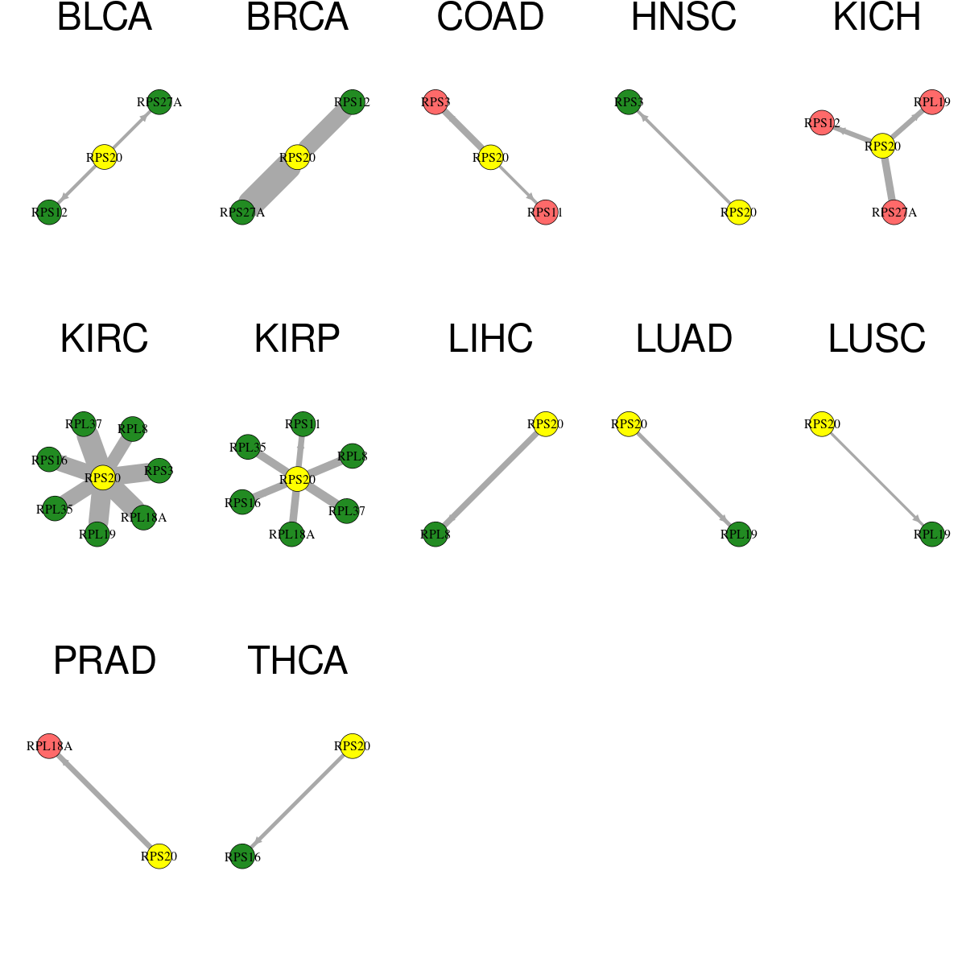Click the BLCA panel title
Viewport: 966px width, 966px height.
click(x=105, y=17)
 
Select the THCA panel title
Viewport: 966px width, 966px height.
click(x=297, y=660)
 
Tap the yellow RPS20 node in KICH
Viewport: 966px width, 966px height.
click(x=881, y=146)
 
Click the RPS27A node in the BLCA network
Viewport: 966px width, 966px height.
click(x=159, y=102)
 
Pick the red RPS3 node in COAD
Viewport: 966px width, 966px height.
click(x=436, y=102)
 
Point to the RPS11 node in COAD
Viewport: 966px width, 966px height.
click(x=546, y=213)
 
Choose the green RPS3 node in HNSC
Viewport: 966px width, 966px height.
click(x=628, y=102)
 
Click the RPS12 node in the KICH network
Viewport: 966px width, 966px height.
click(x=822, y=123)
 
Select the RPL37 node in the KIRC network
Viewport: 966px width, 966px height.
click(x=83, y=424)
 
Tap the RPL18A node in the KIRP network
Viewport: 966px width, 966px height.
click(x=291, y=535)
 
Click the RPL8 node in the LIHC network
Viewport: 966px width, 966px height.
click(x=436, y=535)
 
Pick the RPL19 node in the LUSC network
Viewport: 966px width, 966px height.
click(x=932, y=535)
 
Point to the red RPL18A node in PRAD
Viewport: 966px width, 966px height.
click(x=49, y=746)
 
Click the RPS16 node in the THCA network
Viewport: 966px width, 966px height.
click(x=242, y=857)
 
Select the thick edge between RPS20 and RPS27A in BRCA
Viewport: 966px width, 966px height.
click(x=270, y=185)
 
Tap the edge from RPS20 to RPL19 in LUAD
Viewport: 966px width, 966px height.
click(x=683, y=479)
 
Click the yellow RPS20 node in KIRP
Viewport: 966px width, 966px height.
click(x=297, y=480)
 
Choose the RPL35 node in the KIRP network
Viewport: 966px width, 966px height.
click(x=248, y=447)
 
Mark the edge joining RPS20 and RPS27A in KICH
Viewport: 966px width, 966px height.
click(x=888, y=179)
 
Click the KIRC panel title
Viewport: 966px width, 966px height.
click(x=105, y=338)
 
